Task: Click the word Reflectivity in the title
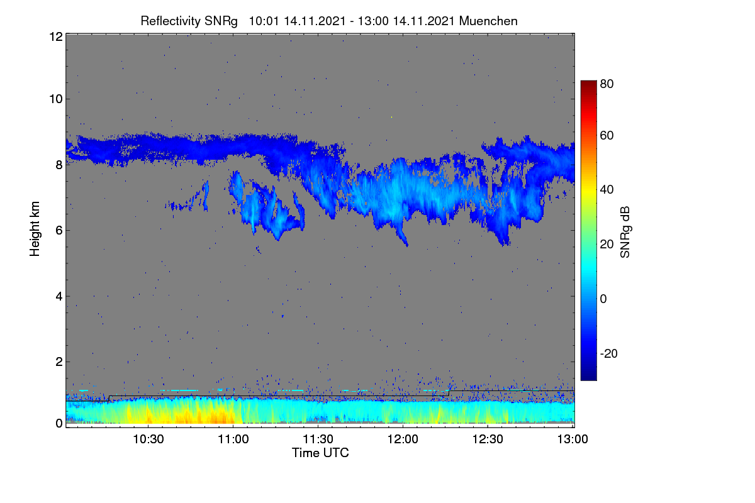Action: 171,21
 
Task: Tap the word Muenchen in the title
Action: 488,21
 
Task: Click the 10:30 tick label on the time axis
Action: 148,439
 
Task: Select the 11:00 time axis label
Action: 233,439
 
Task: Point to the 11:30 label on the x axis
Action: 318,439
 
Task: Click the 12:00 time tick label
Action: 403,439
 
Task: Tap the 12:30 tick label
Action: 488,439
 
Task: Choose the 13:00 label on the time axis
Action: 573,439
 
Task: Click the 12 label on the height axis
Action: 56,36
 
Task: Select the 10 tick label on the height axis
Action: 56,99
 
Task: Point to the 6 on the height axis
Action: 59,231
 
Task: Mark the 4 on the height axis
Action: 59,297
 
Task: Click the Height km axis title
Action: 35,229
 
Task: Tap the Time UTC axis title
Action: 320,453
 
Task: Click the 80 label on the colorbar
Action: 607,84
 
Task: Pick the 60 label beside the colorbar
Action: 607,135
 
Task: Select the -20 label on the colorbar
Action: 609,353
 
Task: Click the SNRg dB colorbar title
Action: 625,233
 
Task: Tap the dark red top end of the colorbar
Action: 588,82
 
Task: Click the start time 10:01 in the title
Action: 264,21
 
